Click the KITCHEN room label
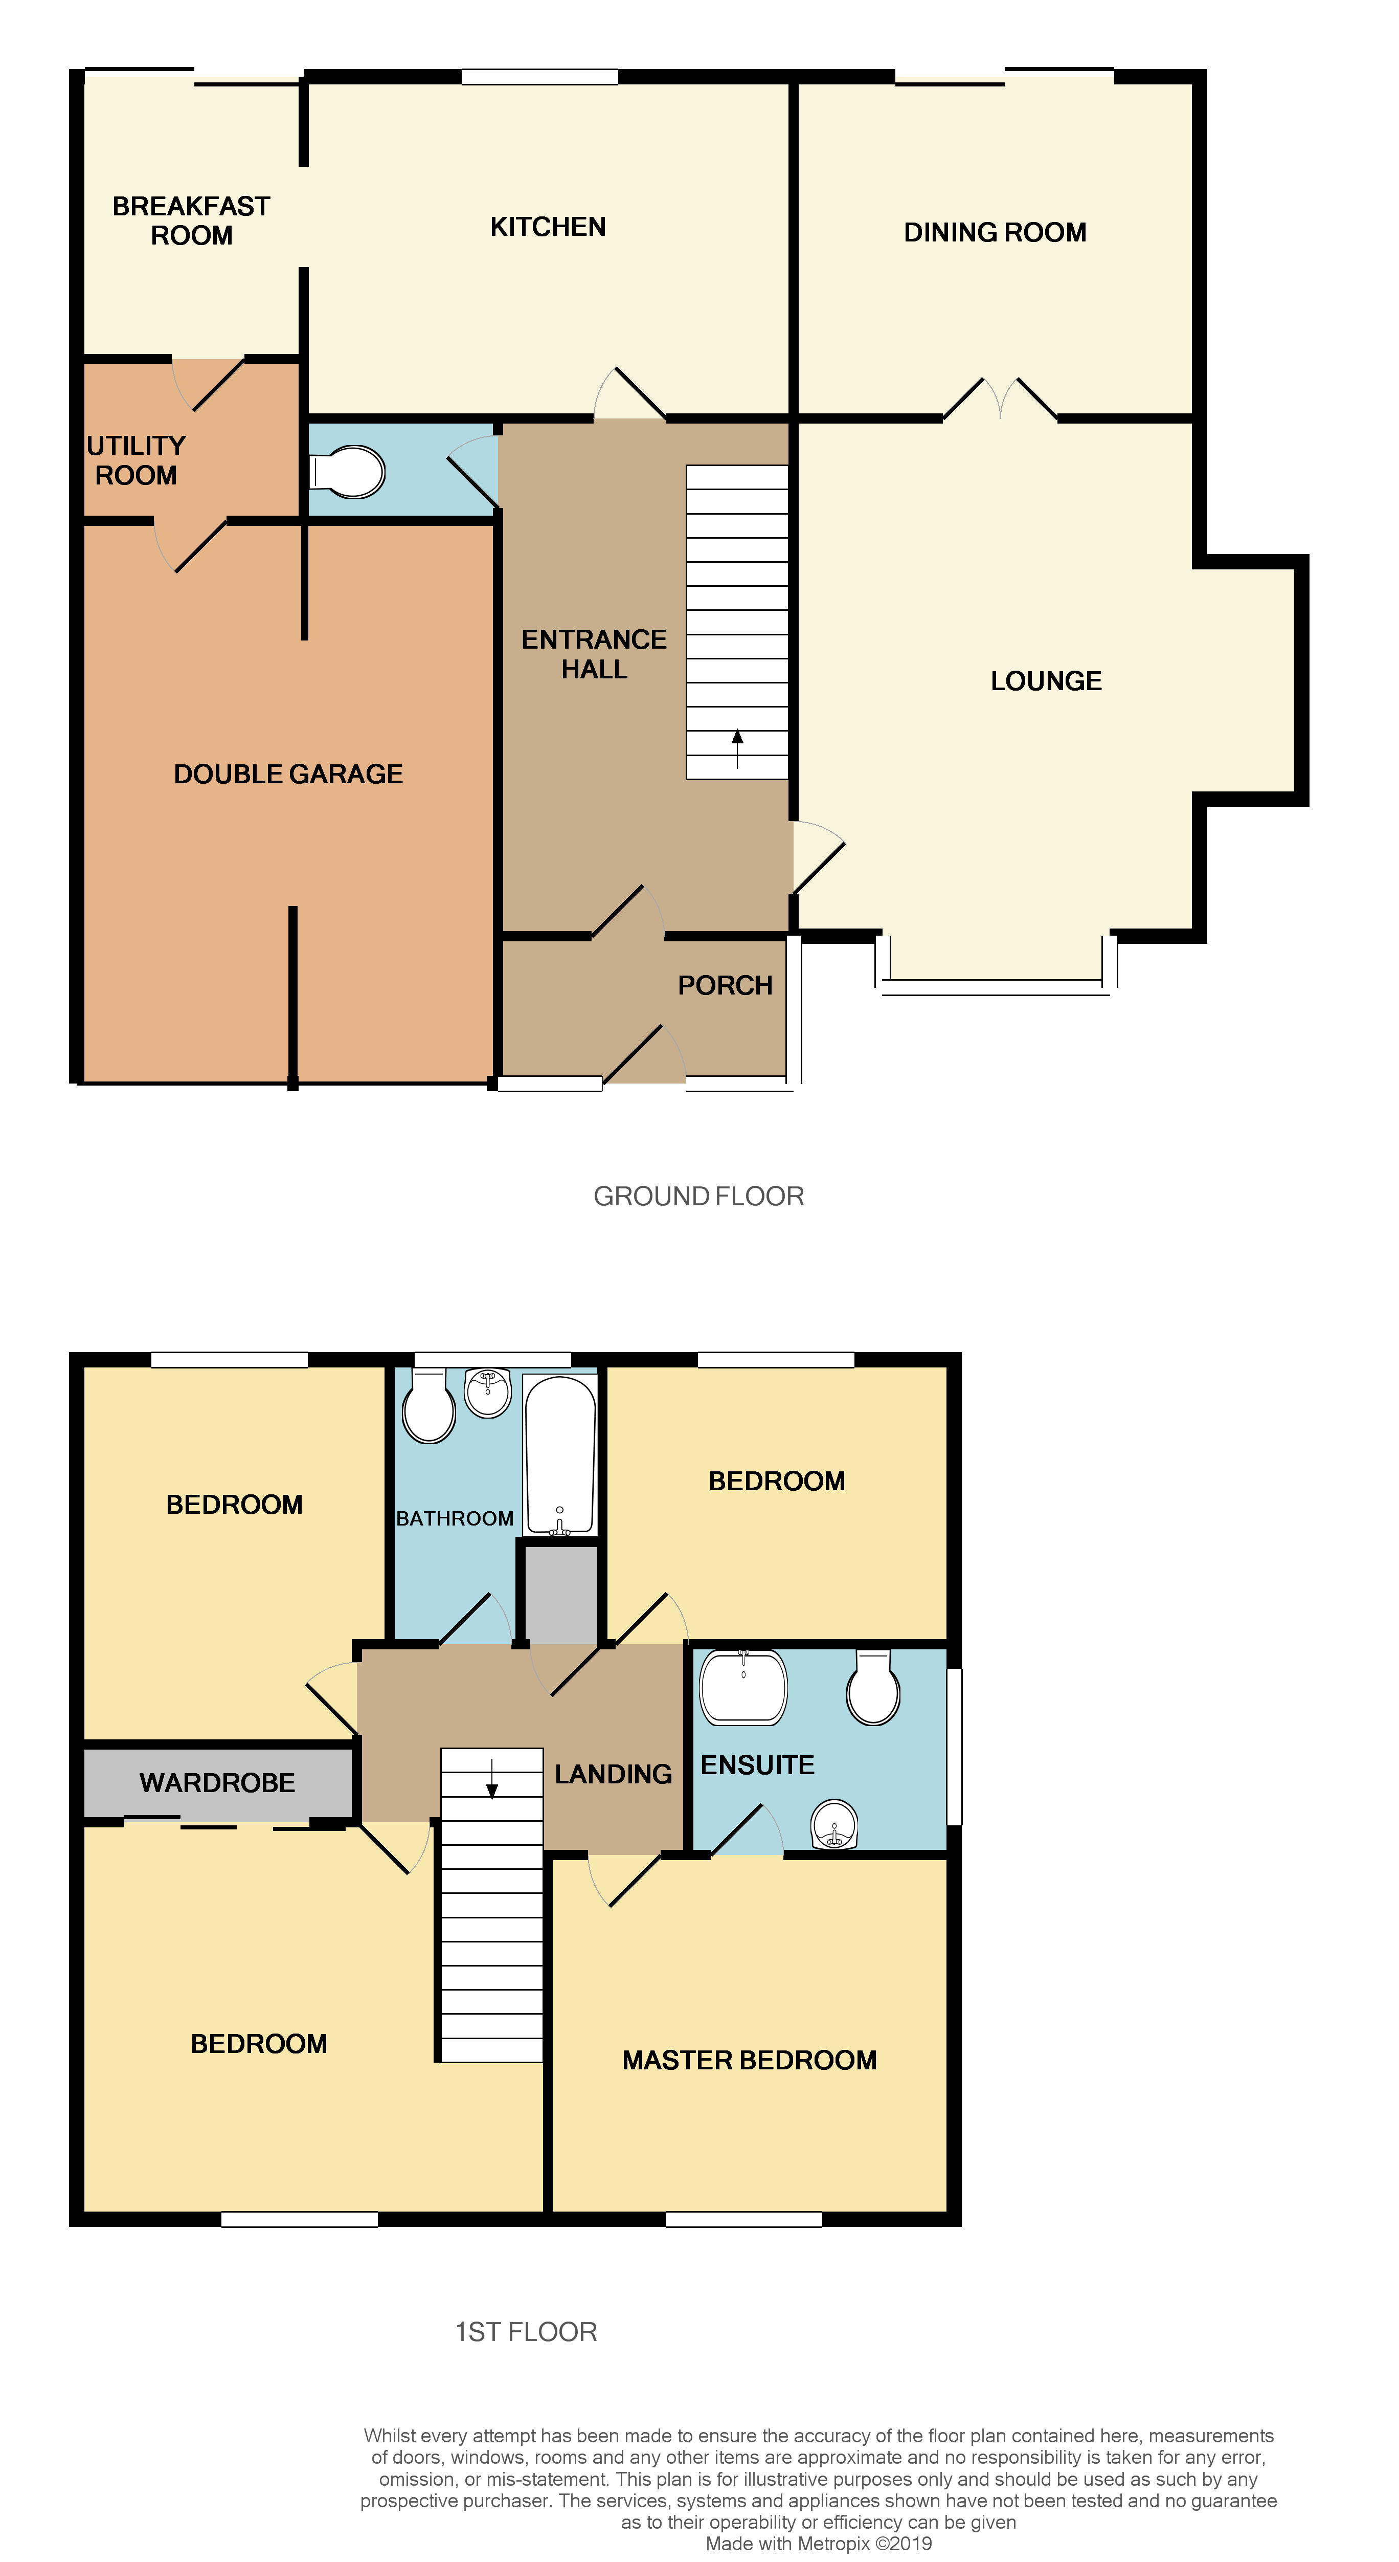pyautogui.click(x=548, y=227)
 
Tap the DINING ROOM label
pyautogui.click(x=995, y=233)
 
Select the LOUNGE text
pyautogui.click(x=1046, y=681)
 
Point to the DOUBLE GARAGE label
pyautogui.click(x=288, y=774)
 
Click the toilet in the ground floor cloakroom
pyautogui.click(x=348, y=472)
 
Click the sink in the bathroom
pyautogui.click(x=487, y=1393)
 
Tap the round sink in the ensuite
pyautogui.click(x=834, y=1824)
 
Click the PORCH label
pyautogui.click(x=725, y=986)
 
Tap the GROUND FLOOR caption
pyautogui.click(x=698, y=1197)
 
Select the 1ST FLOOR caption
pyautogui.click(x=526, y=2332)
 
